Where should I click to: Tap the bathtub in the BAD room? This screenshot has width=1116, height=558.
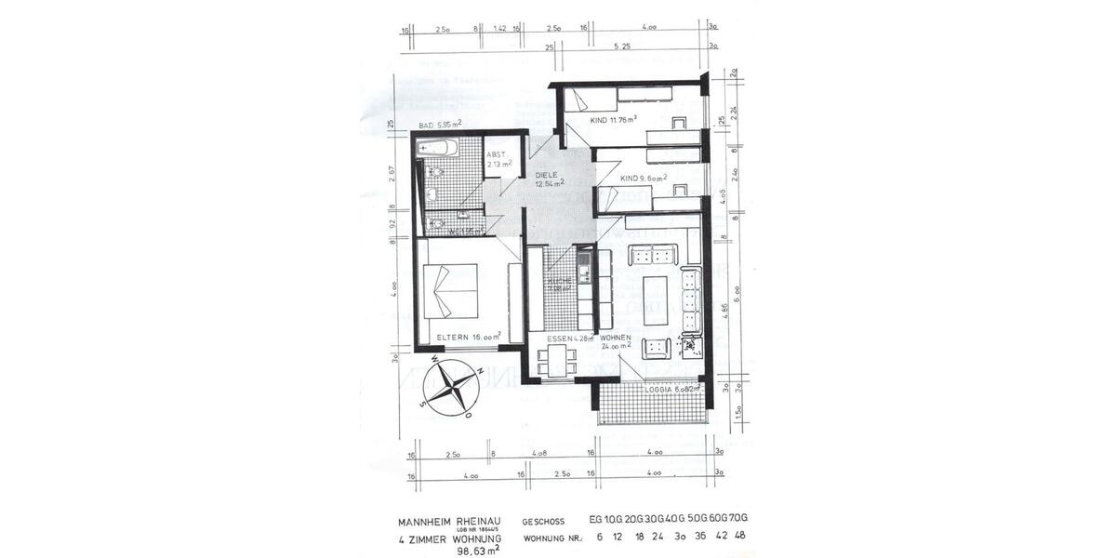pos(437,149)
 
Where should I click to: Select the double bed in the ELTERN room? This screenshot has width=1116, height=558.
pos(452,290)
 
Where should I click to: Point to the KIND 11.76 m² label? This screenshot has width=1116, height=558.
pos(613,120)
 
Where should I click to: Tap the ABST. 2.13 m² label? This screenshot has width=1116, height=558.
pos(499,161)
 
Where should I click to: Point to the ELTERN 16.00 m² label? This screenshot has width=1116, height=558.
pos(470,336)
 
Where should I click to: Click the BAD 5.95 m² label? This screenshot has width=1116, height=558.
pos(441,125)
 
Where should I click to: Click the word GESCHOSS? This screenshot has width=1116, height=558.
pos(547,523)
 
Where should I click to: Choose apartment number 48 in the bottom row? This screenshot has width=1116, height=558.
pos(739,537)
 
